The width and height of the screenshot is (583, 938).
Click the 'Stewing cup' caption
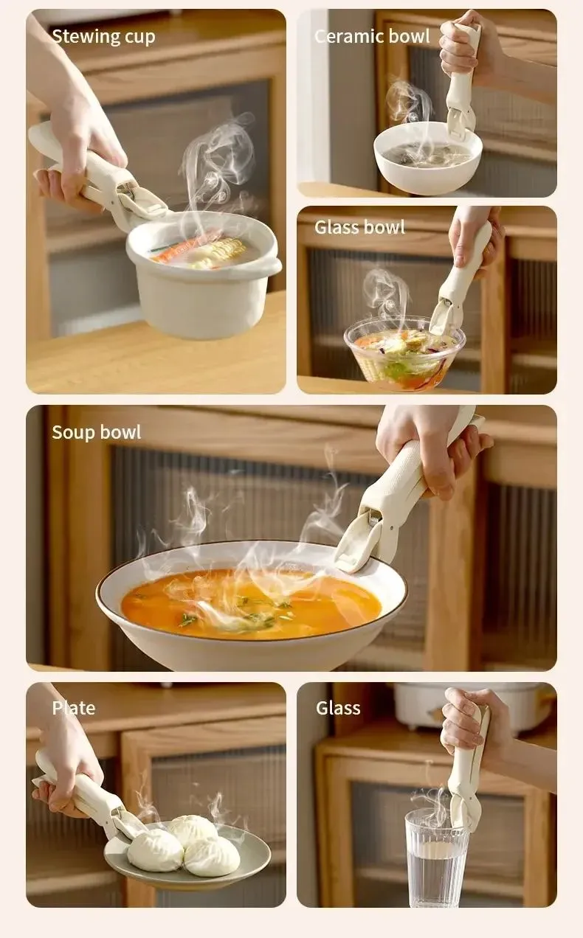click(103, 36)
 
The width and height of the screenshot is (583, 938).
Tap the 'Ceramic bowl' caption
click(372, 36)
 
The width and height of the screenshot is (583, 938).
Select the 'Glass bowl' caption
click(359, 227)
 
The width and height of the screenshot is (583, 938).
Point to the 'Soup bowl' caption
click(97, 432)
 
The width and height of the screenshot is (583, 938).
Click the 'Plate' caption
click(74, 708)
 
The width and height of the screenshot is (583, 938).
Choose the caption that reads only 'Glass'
click(338, 708)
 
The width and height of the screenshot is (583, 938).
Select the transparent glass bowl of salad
click(404, 352)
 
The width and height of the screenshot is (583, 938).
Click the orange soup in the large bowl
click(252, 604)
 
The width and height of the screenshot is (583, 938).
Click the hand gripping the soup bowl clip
click(432, 448)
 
